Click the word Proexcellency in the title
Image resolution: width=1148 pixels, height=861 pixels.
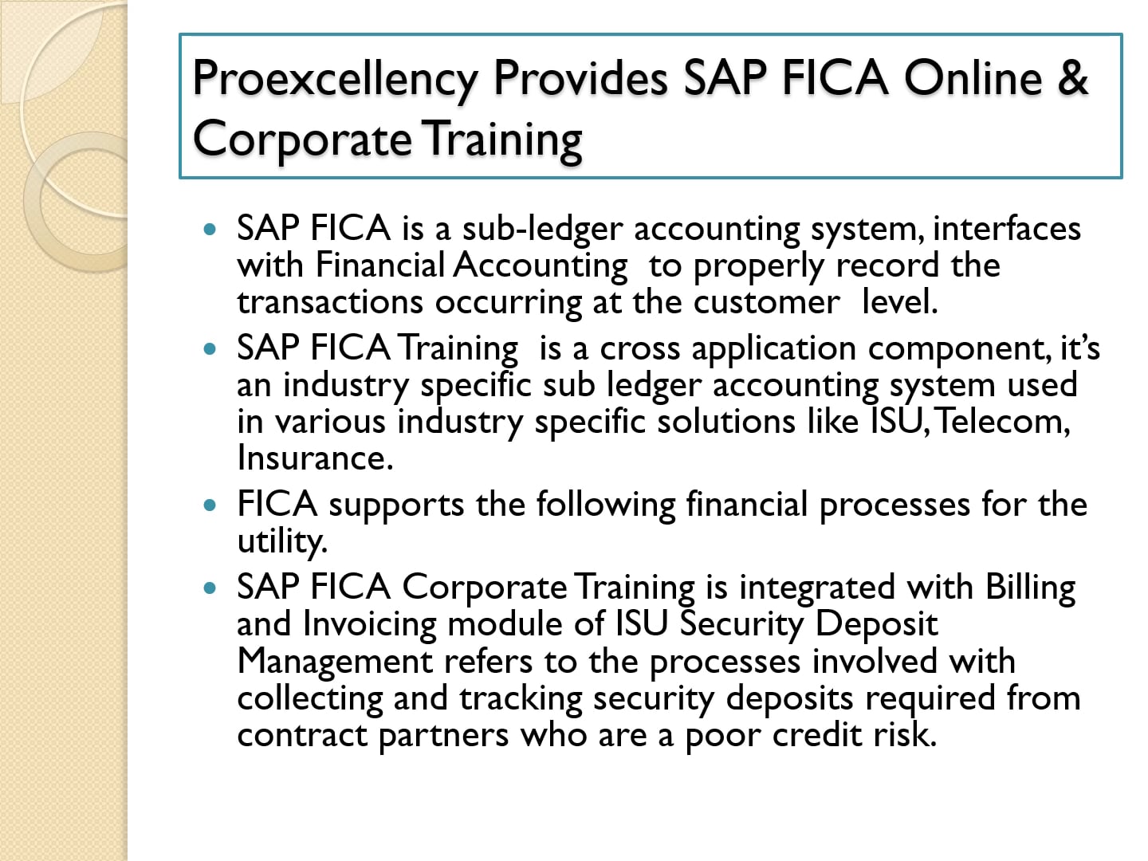pos(335,80)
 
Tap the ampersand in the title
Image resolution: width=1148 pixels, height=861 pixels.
pos(1074,77)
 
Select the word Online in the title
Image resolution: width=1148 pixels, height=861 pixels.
pos(973,77)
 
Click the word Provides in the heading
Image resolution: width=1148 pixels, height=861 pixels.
pos(580,80)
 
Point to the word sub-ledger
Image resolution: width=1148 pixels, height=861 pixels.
pos(541,230)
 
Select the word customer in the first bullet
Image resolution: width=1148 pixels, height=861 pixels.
pos(766,302)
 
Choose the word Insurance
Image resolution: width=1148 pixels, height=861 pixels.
pos(315,458)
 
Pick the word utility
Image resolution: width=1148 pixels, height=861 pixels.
pos(282,542)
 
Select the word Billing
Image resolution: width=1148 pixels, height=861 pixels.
pos(1030,588)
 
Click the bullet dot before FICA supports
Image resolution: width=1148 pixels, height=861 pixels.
pos(210,505)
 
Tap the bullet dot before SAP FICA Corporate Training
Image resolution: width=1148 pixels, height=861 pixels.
pos(210,588)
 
